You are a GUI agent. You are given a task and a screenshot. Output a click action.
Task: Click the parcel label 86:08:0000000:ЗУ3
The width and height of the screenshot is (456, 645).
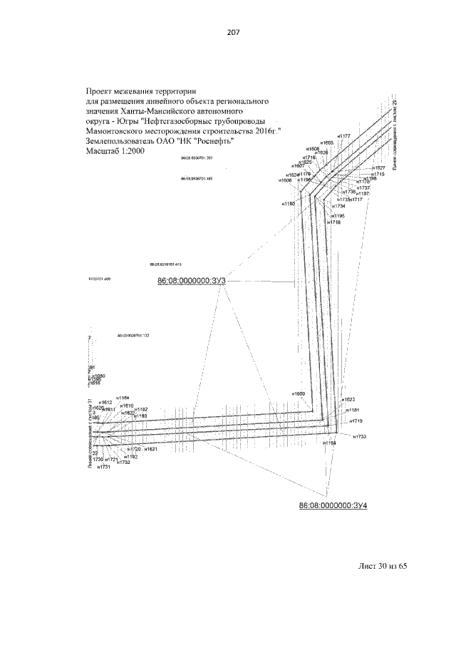point(191,282)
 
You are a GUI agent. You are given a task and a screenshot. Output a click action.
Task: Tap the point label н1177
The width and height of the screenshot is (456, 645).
point(344,136)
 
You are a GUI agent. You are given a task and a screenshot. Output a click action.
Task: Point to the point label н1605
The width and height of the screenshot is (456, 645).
point(327,143)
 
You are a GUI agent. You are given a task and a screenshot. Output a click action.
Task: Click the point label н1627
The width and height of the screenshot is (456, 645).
point(378,168)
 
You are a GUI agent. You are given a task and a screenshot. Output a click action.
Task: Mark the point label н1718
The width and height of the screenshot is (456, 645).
point(334,222)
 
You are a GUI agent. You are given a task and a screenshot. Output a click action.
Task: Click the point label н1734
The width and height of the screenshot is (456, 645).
point(338,207)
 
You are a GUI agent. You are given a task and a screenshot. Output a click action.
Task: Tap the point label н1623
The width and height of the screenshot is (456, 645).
point(348,400)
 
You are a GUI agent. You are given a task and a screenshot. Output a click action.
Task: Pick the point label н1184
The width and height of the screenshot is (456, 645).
point(329,443)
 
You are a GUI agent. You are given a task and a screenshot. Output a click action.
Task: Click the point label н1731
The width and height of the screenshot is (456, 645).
point(105,467)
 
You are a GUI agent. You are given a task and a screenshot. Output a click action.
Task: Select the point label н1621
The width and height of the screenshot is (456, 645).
point(150,450)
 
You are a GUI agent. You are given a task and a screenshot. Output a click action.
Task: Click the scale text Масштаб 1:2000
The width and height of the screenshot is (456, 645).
point(115,151)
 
